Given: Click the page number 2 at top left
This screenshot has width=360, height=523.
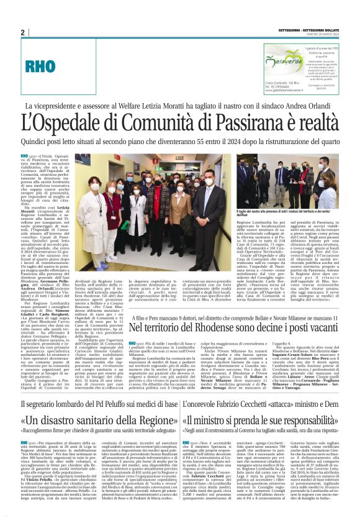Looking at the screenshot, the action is click(23, 32).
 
